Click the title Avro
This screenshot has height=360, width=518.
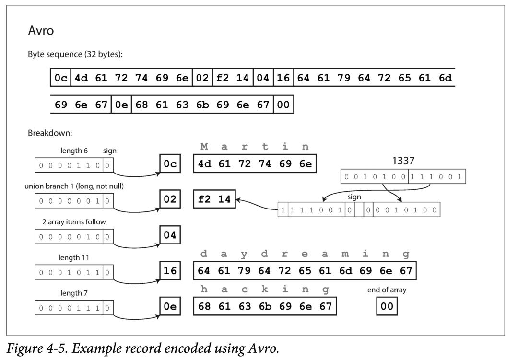pyautogui.click(x=41, y=31)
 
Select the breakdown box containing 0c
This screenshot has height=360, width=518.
pyautogui.click(x=170, y=164)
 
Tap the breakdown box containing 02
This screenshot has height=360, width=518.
pyautogui.click(x=170, y=200)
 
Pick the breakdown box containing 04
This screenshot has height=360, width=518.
pyautogui.click(x=170, y=235)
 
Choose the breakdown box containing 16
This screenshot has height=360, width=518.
pyautogui.click(x=170, y=271)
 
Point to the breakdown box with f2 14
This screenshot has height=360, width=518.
pyautogui.click(x=214, y=200)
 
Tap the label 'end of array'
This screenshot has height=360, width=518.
pyautogui.click(x=387, y=290)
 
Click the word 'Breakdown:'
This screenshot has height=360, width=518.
pyautogui.click(x=49, y=133)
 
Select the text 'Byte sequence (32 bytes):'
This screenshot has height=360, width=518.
pyautogui.click(x=75, y=54)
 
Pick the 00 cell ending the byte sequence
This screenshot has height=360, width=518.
pyautogui.click(x=283, y=105)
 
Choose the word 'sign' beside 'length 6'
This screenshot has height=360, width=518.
pyautogui.click(x=110, y=151)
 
